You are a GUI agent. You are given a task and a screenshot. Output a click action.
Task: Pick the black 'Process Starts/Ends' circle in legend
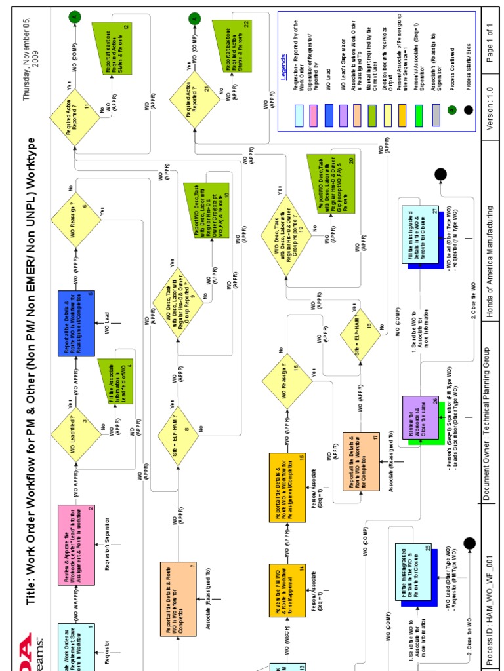tap(468, 111)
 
